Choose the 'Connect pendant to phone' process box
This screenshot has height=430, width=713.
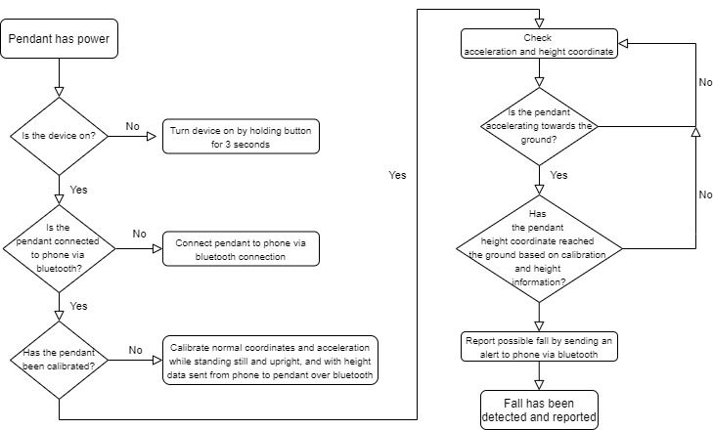(241, 250)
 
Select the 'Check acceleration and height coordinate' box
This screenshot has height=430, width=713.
(539, 45)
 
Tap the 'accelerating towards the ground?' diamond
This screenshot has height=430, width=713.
(539, 126)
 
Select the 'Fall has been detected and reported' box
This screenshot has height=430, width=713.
(539, 409)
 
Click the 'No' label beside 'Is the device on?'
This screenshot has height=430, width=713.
(133, 125)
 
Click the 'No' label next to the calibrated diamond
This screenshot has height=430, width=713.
(136, 348)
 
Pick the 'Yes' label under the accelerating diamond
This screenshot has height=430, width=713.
(558, 176)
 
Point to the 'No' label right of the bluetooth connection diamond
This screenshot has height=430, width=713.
(139, 234)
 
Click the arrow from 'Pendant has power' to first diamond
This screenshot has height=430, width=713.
(60, 75)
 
